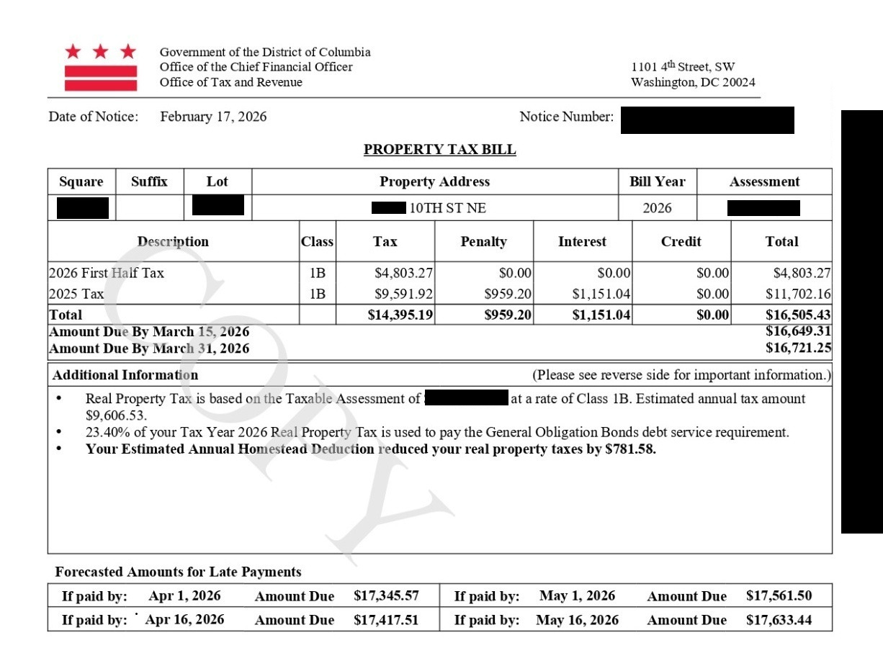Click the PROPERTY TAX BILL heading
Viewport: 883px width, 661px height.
(439, 150)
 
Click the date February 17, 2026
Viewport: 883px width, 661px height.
(213, 117)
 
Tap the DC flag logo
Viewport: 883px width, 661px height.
(101, 67)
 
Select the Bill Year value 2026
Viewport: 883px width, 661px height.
(657, 208)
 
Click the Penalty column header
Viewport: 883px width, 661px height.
(483, 242)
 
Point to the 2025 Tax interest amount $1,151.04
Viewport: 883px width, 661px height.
(602, 294)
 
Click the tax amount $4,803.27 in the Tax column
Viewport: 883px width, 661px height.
(403, 274)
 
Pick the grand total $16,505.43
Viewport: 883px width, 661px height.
(798, 315)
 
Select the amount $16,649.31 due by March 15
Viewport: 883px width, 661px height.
(798, 332)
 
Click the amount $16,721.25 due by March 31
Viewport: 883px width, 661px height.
(798, 349)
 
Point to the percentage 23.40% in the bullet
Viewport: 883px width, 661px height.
(106, 433)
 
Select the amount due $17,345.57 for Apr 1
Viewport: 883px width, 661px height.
(386, 596)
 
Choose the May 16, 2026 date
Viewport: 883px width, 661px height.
(577, 620)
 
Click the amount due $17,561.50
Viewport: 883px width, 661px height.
(779, 596)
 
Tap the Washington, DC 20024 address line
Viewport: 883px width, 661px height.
(693, 82)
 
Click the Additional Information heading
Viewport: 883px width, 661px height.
(125, 375)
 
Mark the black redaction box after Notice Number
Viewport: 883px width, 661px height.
(707, 120)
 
